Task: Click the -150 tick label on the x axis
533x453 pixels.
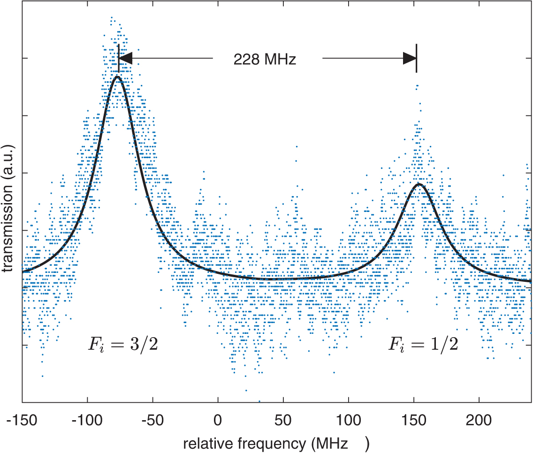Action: coord(22,420)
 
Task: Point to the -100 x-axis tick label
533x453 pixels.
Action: coord(87,420)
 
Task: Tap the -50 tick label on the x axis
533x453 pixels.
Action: coord(152,420)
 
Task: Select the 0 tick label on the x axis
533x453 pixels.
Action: coord(218,420)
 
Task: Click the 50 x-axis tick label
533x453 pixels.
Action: coord(283,420)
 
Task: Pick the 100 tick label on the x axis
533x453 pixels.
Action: coord(348,420)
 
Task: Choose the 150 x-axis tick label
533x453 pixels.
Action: coord(413,420)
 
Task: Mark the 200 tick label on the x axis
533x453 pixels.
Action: coord(479,420)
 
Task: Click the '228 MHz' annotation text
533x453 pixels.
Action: coord(265,60)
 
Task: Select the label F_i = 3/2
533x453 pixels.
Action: coord(123,345)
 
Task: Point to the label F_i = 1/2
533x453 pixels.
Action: coord(423,345)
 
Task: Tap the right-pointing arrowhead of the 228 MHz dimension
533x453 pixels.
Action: coord(410,58)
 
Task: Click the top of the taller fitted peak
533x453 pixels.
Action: coord(117,76)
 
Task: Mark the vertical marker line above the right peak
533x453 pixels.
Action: coord(417,58)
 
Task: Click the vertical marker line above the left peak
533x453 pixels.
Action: coord(119,58)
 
